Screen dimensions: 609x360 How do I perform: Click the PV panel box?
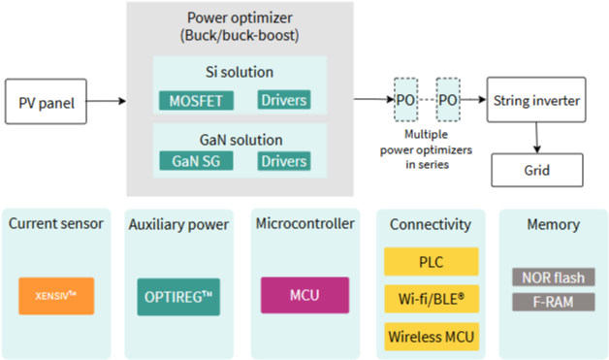point(46,102)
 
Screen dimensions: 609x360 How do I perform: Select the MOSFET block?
point(196,101)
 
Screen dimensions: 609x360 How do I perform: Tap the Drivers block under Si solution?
point(284,100)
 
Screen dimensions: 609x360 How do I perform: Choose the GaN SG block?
point(196,160)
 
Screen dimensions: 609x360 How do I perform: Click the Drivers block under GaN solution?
point(284,161)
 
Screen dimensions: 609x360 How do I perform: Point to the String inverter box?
point(536,100)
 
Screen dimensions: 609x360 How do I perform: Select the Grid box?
point(537,170)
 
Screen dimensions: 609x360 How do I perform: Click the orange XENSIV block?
point(56,296)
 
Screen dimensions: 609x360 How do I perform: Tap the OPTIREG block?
point(178,297)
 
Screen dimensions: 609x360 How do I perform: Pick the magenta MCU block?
point(304,295)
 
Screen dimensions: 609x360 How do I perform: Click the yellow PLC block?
point(432,262)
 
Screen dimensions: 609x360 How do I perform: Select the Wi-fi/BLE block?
point(432,299)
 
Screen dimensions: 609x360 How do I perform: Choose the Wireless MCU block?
point(432,337)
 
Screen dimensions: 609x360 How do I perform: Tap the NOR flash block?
point(554,278)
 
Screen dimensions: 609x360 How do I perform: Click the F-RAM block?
point(554,302)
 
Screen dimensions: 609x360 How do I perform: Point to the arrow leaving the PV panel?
point(106,101)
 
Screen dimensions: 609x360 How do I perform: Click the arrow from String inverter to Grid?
point(537,138)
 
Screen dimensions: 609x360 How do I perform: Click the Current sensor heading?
point(56,223)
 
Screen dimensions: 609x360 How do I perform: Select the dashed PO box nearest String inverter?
point(448,100)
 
